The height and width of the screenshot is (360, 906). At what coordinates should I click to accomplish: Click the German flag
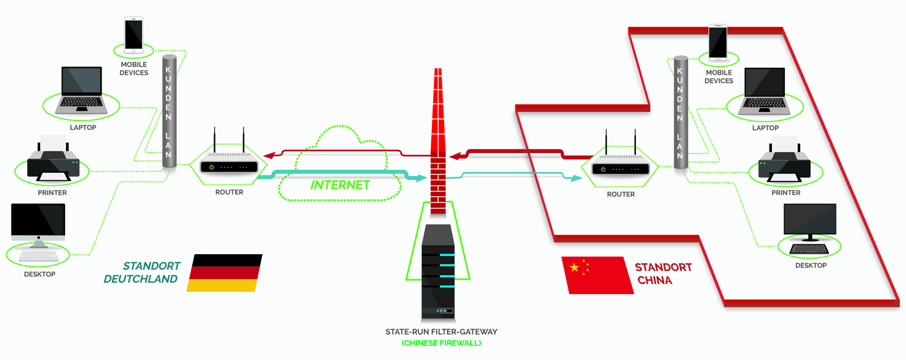point(225,273)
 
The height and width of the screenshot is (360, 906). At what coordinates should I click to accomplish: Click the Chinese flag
point(598,275)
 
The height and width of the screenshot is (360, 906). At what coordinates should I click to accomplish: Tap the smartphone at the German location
point(133,34)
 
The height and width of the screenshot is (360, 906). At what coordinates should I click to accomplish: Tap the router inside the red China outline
point(621,163)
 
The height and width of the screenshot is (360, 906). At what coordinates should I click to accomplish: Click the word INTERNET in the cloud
point(340,185)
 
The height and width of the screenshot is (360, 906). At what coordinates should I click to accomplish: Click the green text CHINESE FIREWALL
point(441,343)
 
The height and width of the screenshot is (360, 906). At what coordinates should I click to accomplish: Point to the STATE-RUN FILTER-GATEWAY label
point(441,332)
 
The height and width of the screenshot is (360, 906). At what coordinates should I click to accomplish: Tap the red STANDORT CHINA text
point(663,274)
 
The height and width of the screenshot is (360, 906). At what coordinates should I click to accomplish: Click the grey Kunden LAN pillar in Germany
point(169,111)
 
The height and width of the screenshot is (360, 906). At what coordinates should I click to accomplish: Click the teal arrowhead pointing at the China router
point(576,178)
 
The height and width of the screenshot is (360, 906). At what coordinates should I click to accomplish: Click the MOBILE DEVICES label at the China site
point(719,77)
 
